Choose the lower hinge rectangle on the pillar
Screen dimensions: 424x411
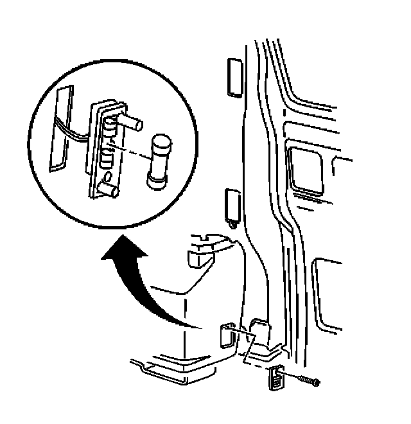233,204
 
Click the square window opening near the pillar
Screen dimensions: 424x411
306,168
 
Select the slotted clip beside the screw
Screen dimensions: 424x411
275,377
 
